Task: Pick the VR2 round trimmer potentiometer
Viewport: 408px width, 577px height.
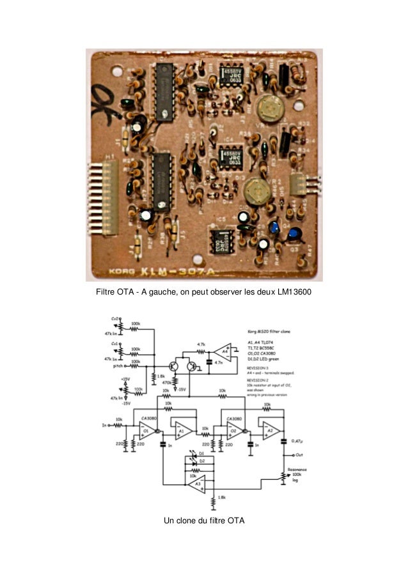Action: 256,188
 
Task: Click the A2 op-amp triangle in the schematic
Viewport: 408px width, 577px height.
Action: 270,431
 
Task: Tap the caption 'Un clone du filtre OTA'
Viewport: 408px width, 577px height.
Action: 204,521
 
